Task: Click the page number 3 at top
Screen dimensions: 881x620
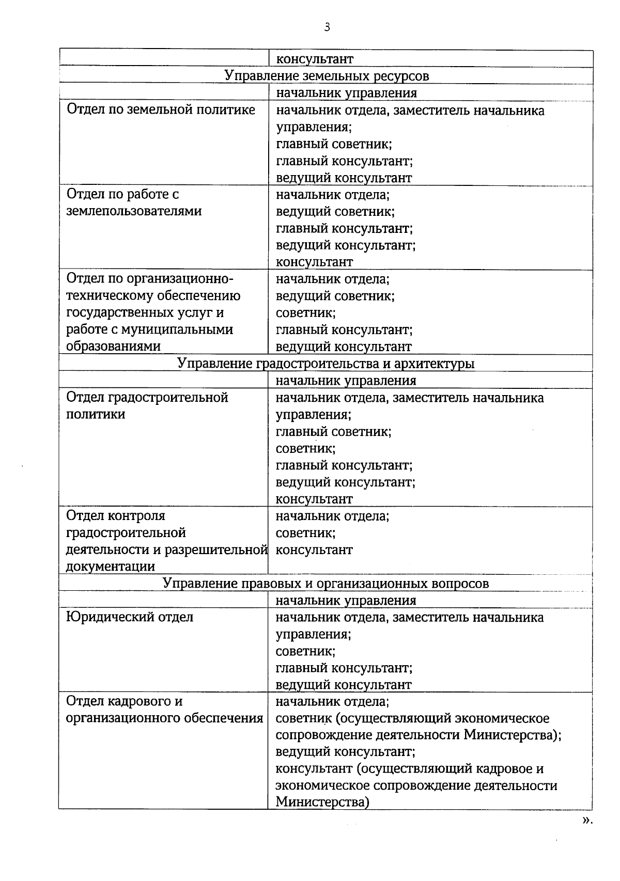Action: [327, 27]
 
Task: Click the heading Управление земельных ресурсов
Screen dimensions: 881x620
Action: [327, 76]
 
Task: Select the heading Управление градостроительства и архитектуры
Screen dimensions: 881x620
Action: [326, 364]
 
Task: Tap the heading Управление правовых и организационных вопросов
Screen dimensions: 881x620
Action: [326, 584]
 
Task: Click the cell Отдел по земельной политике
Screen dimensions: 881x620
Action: [161, 110]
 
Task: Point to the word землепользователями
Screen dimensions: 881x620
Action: [134, 211]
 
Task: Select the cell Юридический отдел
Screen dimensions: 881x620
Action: [130, 617]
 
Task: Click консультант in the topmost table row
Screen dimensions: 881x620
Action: [315, 59]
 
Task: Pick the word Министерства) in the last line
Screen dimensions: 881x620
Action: [322, 802]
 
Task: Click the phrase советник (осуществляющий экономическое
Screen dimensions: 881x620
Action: [412, 718]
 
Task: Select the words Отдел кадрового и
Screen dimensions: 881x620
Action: [125, 701]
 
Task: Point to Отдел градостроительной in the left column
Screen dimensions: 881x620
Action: [147, 398]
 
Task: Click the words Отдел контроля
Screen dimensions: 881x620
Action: [116, 516]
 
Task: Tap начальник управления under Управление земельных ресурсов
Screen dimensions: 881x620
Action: [346, 93]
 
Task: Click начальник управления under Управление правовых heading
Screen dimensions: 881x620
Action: [346, 601]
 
